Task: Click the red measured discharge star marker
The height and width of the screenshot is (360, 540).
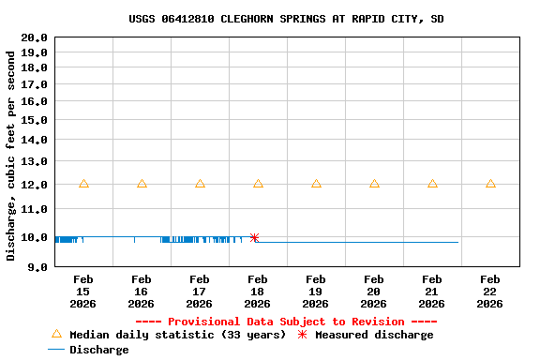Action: click(x=254, y=238)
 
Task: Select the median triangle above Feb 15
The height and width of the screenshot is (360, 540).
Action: click(x=83, y=184)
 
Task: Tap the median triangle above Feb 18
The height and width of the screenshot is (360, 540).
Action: click(x=258, y=184)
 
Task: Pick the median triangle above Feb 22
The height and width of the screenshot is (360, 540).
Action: click(x=490, y=184)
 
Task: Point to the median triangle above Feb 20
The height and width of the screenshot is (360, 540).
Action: click(x=374, y=184)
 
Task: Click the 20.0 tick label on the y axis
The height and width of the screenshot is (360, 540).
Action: click(x=34, y=37)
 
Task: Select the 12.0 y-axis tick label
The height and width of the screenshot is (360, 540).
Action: click(x=34, y=185)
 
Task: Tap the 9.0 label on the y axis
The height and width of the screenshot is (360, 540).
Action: click(x=37, y=267)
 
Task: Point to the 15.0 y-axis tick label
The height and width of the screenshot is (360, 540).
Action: click(x=34, y=120)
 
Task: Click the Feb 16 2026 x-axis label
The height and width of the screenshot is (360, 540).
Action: click(x=142, y=292)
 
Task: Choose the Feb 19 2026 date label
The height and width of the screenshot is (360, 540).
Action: click(x=316, y=292)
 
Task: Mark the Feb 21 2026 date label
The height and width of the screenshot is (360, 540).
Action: click(x=432, y=292)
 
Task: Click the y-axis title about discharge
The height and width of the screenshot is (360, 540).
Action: click(x=11, y=155)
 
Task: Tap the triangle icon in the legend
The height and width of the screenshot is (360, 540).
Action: click(x=56, y=334)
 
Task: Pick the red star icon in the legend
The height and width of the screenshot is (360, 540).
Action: click(x=302, y=335)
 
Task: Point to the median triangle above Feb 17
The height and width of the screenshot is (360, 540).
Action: click(x=200, y=184)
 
